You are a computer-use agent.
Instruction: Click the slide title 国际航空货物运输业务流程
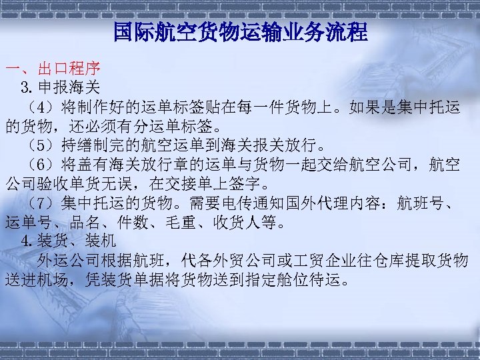[240, 31]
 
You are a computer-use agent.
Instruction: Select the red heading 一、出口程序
[53, 69]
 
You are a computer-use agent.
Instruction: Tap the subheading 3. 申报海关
[60, 87]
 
